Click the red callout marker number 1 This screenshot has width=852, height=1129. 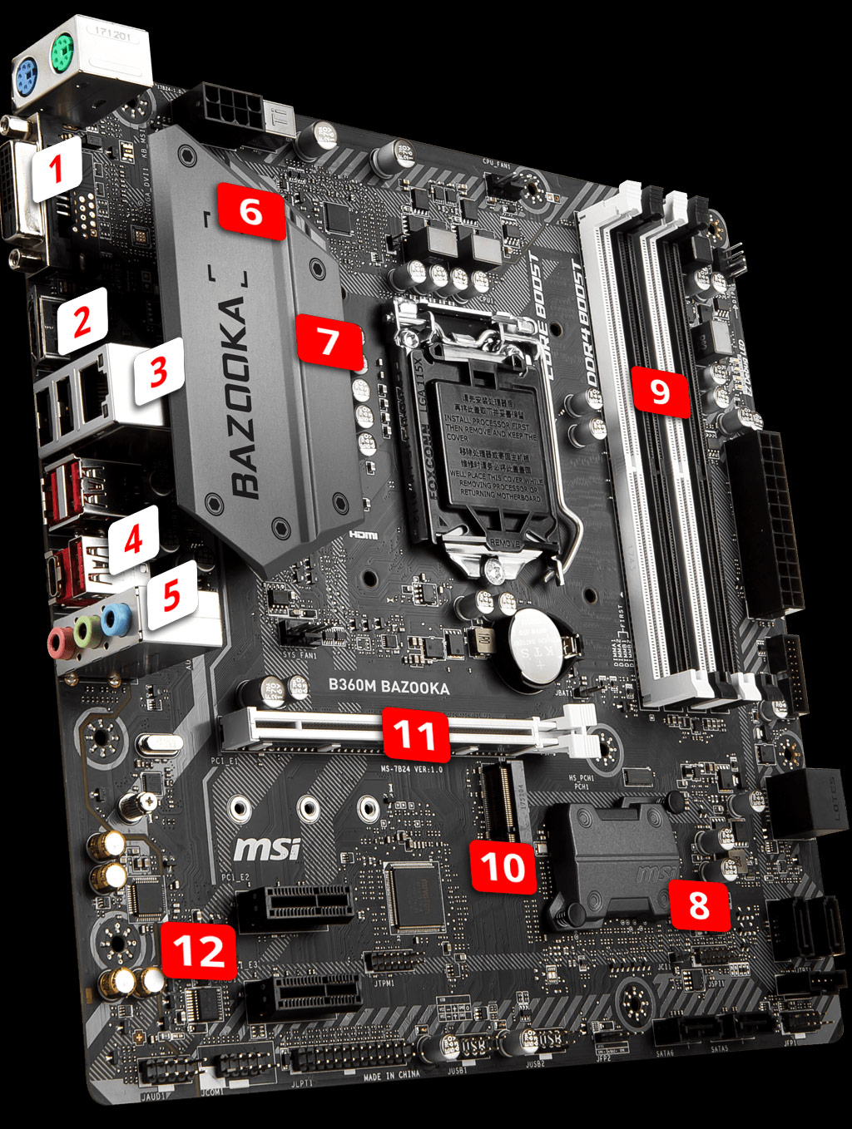click(57, 170)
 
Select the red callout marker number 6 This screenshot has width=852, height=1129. click(250, 212)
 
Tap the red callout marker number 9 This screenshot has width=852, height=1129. click(660, 391)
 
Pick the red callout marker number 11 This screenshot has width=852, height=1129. click(415, 735)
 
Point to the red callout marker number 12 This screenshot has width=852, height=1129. click(199, 950)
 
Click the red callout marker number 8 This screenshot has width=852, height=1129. click(699, 905)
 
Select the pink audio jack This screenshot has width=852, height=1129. click(59, 641)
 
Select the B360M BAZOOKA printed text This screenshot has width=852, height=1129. click(389, 687)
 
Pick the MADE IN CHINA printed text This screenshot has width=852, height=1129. click(392, 1076)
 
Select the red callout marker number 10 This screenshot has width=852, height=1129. click(503, 867)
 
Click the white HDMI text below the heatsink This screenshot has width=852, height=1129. click(363, 535)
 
